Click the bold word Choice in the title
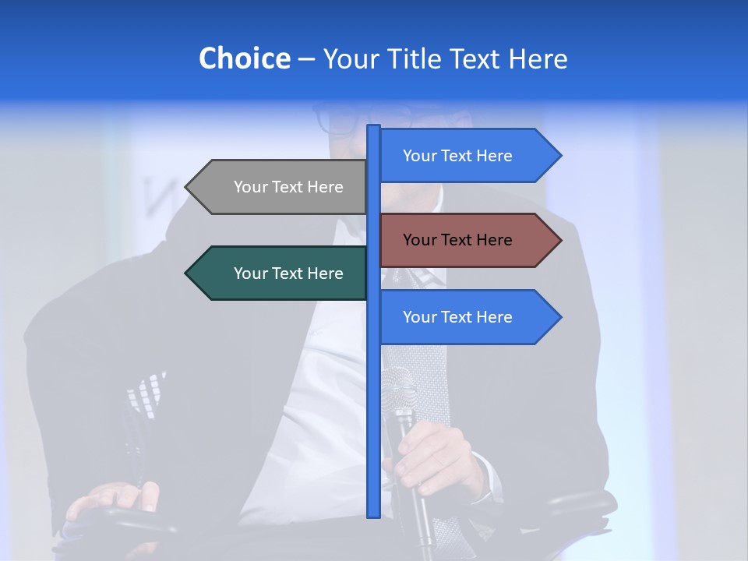click(244, 58)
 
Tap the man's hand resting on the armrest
click(113, 499)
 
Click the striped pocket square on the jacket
click(146, 393)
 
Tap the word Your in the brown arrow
click(418, 240)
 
